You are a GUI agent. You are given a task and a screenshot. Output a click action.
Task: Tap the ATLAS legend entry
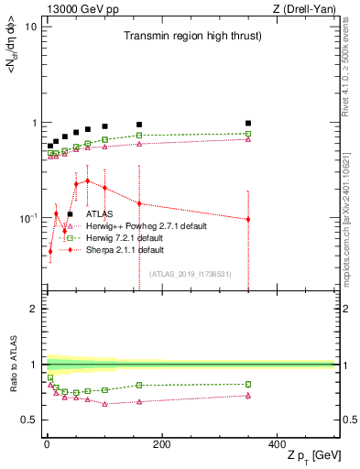tap(99, 214)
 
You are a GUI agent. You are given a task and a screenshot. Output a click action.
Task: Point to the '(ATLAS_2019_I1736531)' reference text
tap(191, 274)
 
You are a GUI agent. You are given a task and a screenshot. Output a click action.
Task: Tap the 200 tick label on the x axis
tap(161, 444)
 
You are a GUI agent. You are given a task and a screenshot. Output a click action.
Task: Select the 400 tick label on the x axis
tap(277, 444)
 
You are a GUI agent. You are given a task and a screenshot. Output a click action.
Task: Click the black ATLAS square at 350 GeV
tap(248, 123)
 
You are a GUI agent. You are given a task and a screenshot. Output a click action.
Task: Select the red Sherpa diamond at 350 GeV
tap(248, 219)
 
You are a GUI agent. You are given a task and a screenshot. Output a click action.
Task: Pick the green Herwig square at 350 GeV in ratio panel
tap(248, 384)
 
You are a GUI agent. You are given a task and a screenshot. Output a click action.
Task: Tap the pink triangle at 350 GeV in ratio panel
tap(248, 396)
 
